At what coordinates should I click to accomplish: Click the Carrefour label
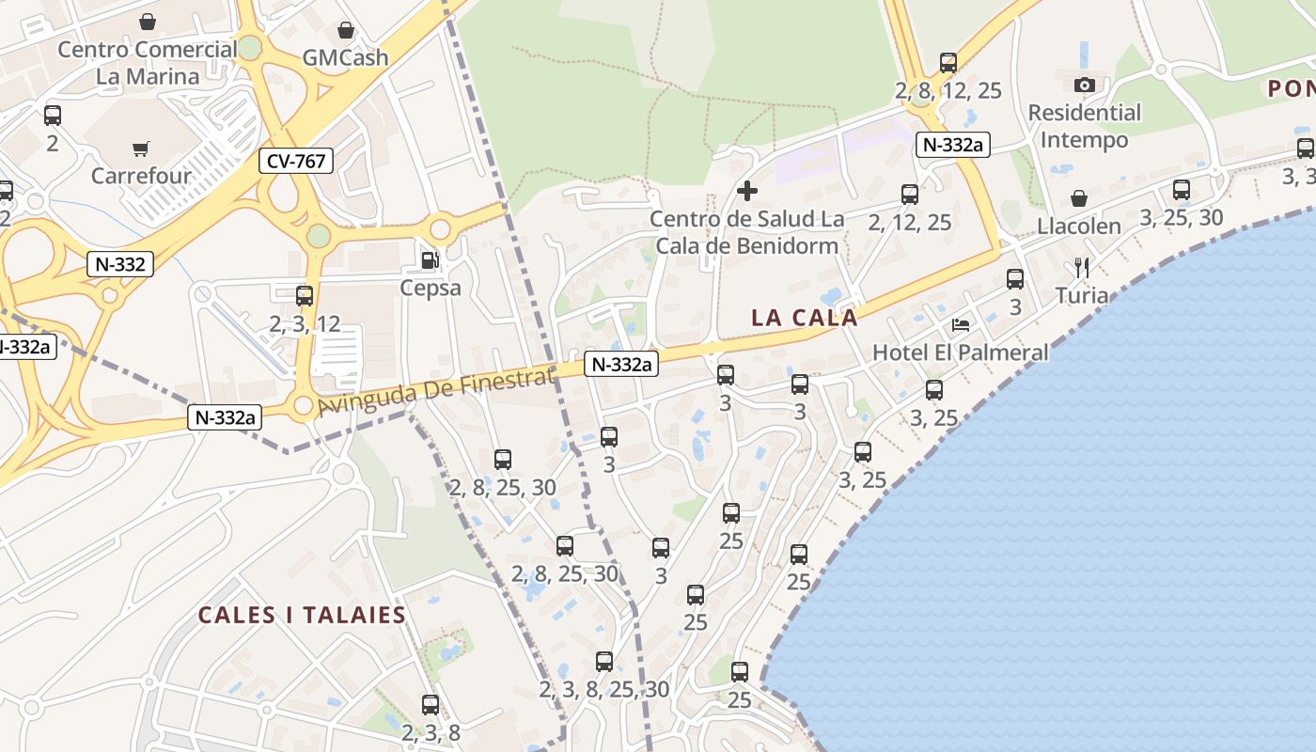coord(141,176)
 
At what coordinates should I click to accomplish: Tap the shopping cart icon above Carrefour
coord(141,148)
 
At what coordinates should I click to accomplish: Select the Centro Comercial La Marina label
coord(148,62)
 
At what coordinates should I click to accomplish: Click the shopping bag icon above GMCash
coord(345,30)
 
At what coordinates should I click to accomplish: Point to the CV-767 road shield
coord(296,161)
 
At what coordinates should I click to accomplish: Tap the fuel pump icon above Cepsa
coord(430,259)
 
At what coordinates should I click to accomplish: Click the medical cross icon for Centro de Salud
coord(747,192)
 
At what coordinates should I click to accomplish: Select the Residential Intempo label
coord(1084,126)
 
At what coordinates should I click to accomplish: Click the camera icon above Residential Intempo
coord(1084,85)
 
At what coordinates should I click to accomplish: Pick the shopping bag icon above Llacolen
coord(1079,198)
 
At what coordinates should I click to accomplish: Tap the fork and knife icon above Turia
coord(1082,268)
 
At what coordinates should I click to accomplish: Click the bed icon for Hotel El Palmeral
coord(961,325)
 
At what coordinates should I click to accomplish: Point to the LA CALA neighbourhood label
coord(805,318)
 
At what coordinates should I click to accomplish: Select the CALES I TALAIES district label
coord(302,616)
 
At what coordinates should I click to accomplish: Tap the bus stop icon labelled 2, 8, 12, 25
coord(948,63)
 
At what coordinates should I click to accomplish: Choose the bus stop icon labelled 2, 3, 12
coord(305,296)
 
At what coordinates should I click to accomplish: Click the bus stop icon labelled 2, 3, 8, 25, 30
coord(604,662)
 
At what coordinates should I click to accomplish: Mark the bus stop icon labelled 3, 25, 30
coord(1182,190)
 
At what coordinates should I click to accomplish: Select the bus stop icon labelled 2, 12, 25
coord(910,195)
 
